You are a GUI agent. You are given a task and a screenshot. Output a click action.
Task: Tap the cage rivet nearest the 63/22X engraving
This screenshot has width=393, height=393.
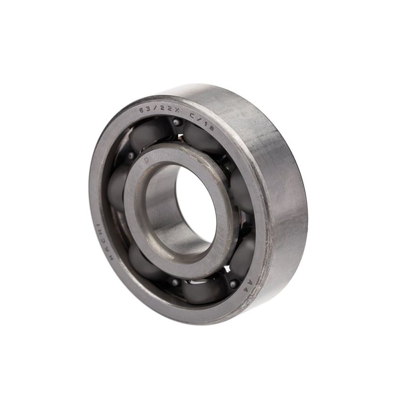point(176,122)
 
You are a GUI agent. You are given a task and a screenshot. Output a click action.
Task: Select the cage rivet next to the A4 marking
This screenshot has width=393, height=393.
point(233,283)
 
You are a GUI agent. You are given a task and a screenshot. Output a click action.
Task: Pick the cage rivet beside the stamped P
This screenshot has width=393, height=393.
point(131,156)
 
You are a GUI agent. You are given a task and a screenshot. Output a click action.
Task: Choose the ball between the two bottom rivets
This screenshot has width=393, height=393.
point(204,290)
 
